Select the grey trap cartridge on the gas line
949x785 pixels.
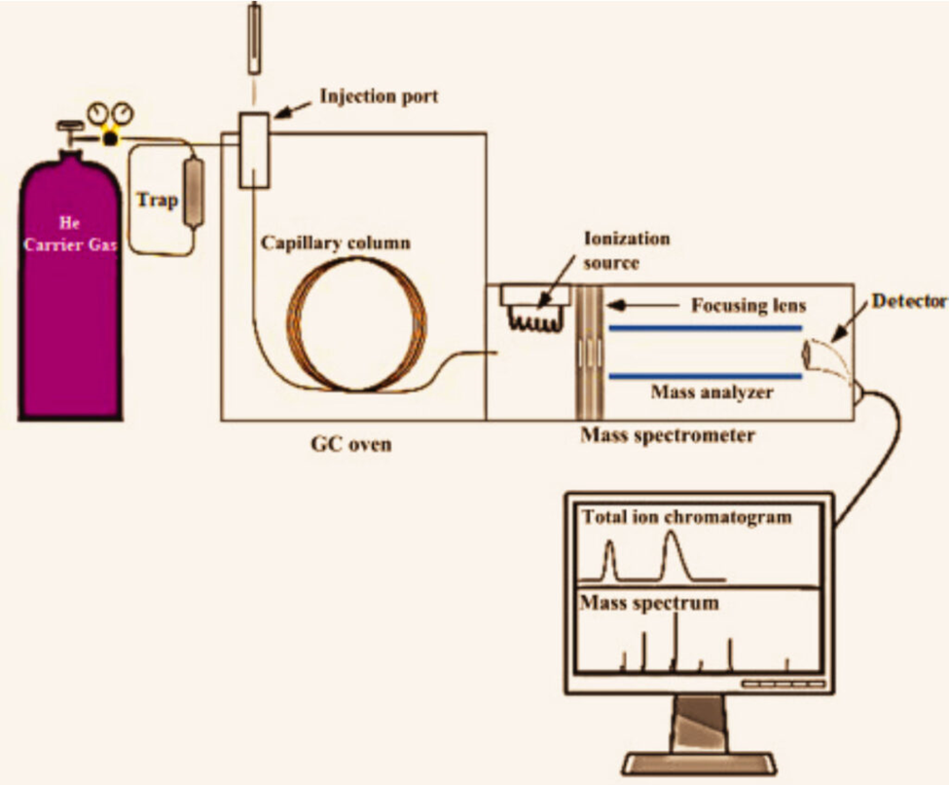pyautogui.click(x=194, y=193)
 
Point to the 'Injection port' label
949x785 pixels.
pyautogui.click(x=379, y=96)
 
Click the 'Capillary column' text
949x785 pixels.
pyautogui.click(x=335, y=242)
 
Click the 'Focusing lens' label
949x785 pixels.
pyautogui.click(x=748, y=306)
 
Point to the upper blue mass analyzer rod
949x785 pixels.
pyautogui.click(x=706, y=329)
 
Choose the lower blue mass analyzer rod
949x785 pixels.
pyautogui.click(x=706, y=376)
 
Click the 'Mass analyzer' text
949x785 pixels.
pyautogui.click(x=712, y=393)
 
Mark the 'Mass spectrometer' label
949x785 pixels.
pyautogui.click(x=667, y=435)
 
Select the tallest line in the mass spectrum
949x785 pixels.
pyautogui.click(x=675, y=642)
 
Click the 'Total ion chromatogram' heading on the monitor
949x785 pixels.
pyautogui.click(x=685, y=517)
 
